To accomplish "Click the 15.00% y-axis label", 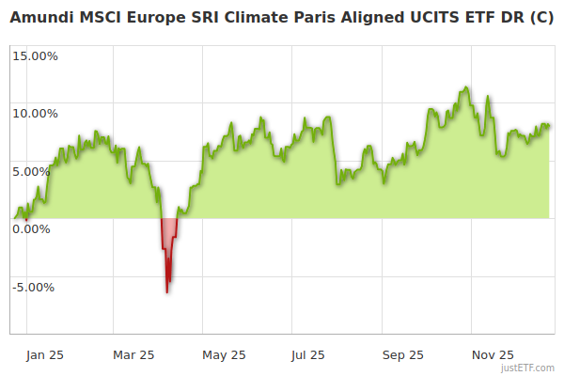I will pyautogui.click(x=35, y=55).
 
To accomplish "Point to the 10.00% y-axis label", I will pyautogui.click(x=35, y=114).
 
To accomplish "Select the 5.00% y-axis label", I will pyautogui.click(x=38, y=171).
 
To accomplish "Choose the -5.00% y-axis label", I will pyautogui.click(x=36, y=287).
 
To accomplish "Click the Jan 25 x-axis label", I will pyautogui.click(x=44, y=354).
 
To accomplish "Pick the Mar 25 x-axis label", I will pyautogui.click(x=133, y=354).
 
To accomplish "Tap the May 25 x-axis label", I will pyautogui.click(x=224, y=354).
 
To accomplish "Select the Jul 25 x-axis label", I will pyautogui.click(x=308, y=354).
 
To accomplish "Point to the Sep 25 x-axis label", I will pyautogui.click(x=403, y=354).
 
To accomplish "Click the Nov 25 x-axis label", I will pyautogui.click(x=493, y=354).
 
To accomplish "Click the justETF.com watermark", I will pyautogui.click(x=528, y=368).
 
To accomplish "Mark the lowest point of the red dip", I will pyautogui.click(x=167, y=292).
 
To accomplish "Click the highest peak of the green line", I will pyautogui.click(x=465, y=87).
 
